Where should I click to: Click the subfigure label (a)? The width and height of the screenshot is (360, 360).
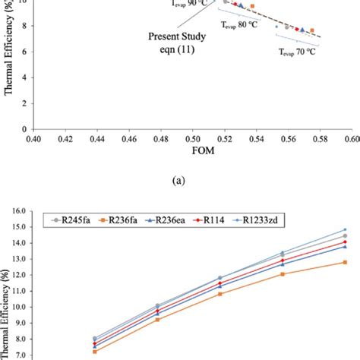(180, 182)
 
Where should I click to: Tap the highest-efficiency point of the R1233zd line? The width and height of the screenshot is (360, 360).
(345, 229)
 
